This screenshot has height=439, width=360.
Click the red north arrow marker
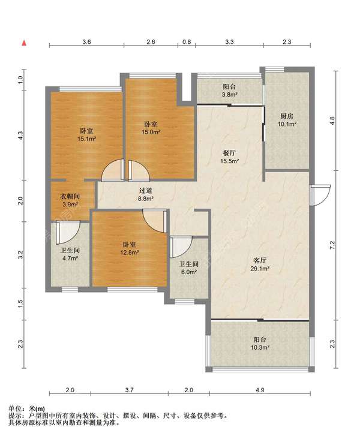pyautogui.click(x=25, y=43)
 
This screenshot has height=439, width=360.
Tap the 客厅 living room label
pyautogui.click(x=260, y=261)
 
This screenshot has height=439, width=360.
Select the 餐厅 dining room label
pyautogui.click(x=229, y=153)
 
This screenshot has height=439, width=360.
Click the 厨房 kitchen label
pyautogui.click(x=287, y=116)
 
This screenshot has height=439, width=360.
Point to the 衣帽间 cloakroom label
pyautogui.click(x=70, y=197)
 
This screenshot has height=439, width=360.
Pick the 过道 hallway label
pyautogui.click(x=146, y=191)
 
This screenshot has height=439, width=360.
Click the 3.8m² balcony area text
pyautogui.click(x=229, y=95)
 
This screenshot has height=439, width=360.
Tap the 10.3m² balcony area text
pyautogui.click(x=260, y=347)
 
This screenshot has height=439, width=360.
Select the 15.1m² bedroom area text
pyautogui.click(x=86, y=139)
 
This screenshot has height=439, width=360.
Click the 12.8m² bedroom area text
pyautogui.click(x=130, y=252)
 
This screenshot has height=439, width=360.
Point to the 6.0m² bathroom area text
pyautogui.click(x=189, y=272)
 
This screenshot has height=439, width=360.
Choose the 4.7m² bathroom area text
pyautogui.click(x=70, y=258)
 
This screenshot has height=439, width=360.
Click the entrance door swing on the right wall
pyautogui.click(x=320, y=195)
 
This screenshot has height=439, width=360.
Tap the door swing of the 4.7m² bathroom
pyautogui.click(x=68, y=233)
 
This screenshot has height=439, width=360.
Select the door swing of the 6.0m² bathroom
pyautogui.click(x=181, y=247)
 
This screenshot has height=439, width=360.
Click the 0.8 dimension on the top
pyautogui.click(x=187, y=42)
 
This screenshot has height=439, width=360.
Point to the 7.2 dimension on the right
pyautogui.click(x=332, y=245)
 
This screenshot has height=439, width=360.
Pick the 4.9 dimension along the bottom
pyautogui.click(x=260, y=390)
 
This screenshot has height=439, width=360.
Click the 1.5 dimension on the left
pyautogui.click(x=20, y=303)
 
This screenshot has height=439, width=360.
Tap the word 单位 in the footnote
pyautogui.click(x=16, y=409)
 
